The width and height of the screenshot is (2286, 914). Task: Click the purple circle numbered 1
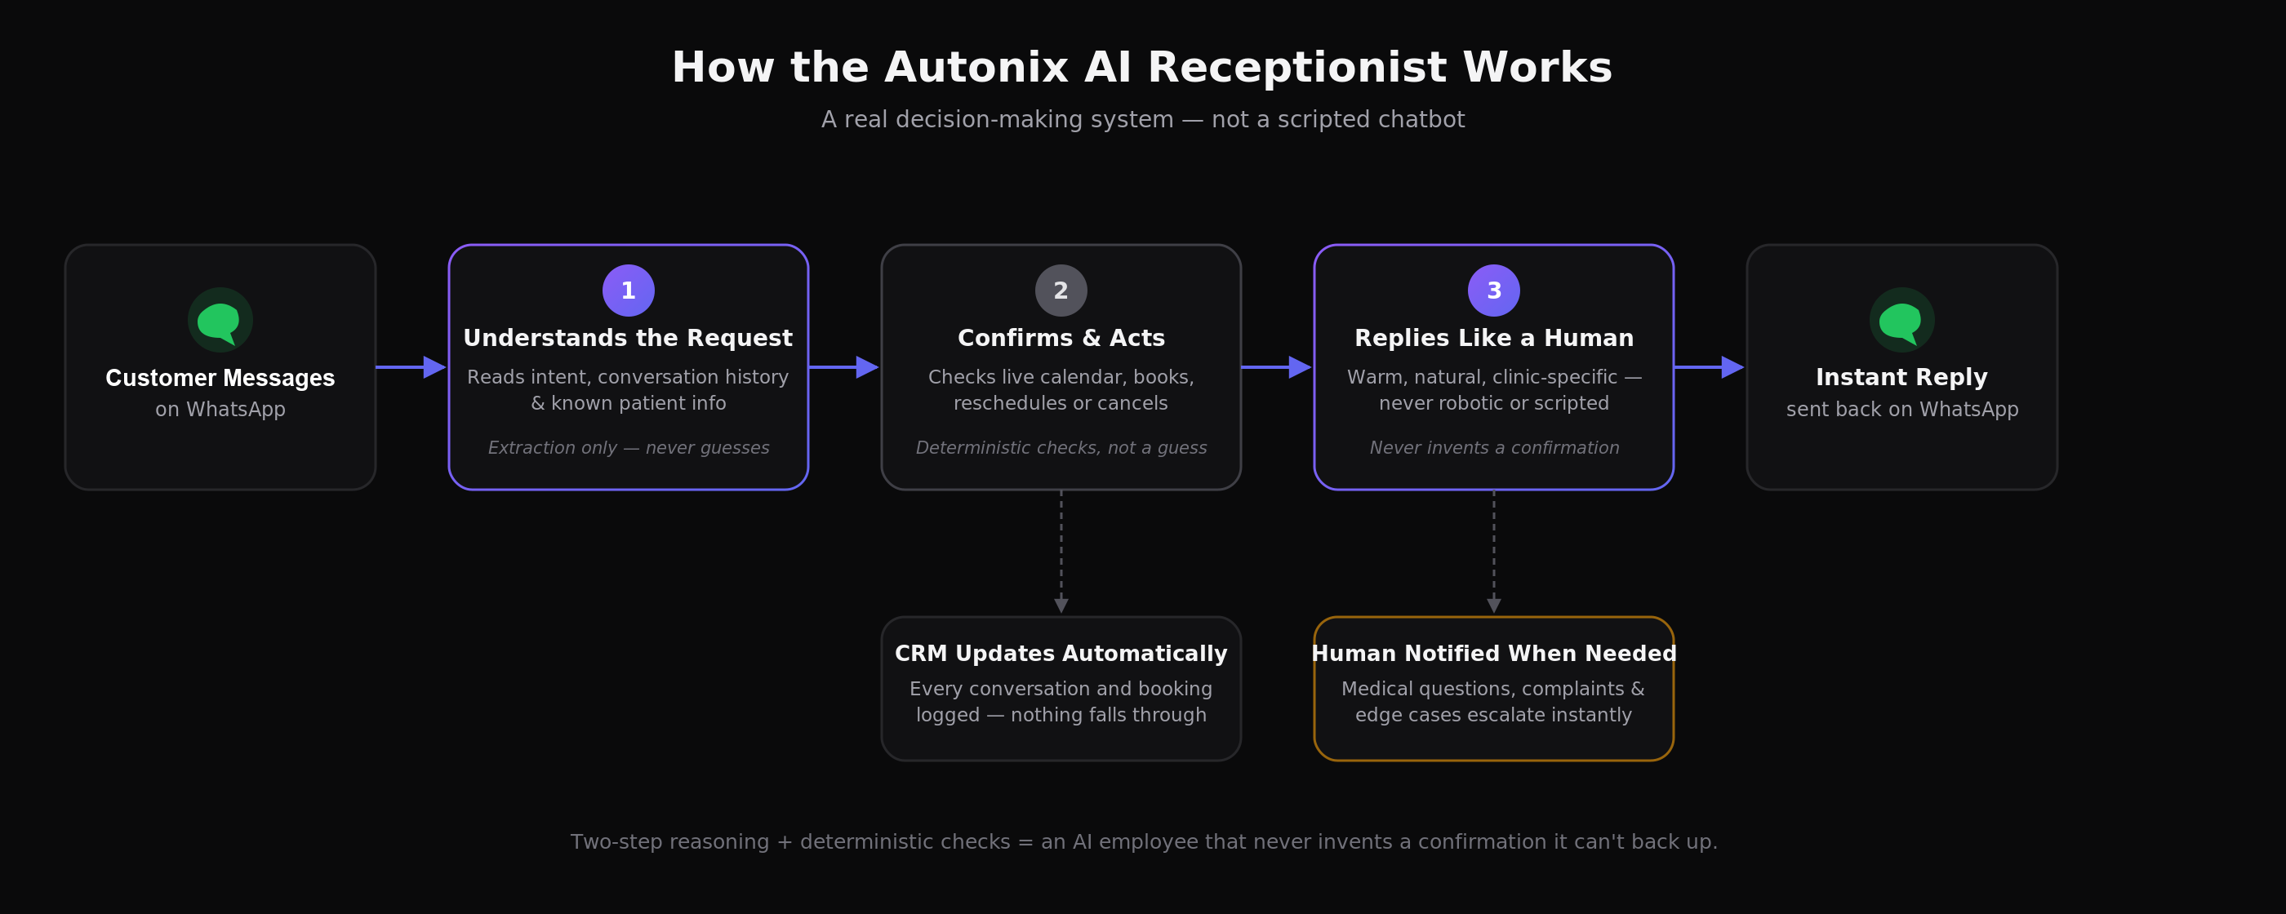[629, 291]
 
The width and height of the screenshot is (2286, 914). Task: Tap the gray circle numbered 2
[1061, 291]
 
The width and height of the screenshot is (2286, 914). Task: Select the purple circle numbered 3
[1493, 291]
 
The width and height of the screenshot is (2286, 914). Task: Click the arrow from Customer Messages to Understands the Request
[411, 366]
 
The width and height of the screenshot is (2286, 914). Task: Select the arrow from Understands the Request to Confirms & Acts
[843, 366]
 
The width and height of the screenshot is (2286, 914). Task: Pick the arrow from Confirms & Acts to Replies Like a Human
[1276, 366]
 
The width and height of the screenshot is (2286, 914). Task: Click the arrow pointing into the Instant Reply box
[1709, 366]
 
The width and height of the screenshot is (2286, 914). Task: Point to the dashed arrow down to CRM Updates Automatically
[1061, 551]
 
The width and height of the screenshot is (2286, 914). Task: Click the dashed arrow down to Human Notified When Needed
[1493, 551]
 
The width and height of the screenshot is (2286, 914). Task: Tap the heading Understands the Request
[629, 338]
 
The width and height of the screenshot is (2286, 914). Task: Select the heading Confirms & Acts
[1061, 338]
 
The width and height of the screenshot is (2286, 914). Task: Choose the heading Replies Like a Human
[1493, 338]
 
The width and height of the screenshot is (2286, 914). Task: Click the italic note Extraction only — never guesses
[629, 448]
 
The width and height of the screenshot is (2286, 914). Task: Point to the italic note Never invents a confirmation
[1493, 448]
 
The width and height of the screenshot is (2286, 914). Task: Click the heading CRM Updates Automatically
[1061, 654]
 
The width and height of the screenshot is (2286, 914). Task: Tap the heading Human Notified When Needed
[1493, 654]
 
